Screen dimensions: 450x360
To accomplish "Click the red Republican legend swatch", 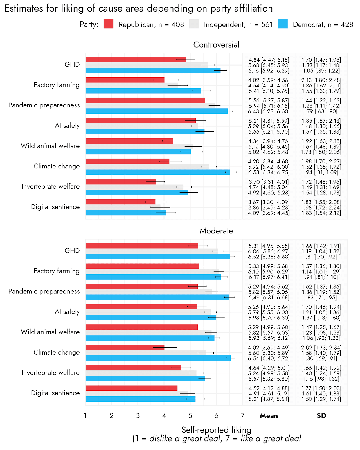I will (x=108, y=24).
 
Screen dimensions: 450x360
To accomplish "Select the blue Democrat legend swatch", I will (x=283, y=24).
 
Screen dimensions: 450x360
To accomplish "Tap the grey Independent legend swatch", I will (x=194, y=24).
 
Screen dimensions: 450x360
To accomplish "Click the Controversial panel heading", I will (x=216, y=45).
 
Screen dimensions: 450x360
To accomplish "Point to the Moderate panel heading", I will (x=216, y=231).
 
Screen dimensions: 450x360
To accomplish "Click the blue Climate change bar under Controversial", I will (x=158, y=172).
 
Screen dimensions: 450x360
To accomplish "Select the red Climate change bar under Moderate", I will (x=125, y=347).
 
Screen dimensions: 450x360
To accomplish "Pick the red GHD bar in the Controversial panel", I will (x=136, y=60).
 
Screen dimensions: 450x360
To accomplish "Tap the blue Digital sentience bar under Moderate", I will (x=140, y=399).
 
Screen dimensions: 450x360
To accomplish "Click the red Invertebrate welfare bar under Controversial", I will (x=121, y=182).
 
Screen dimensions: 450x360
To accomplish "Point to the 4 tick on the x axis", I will (x=164, y=416).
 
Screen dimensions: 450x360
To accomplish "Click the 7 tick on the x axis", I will (x=242, y=416).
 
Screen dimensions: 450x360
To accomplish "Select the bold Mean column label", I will (x=269, y=416).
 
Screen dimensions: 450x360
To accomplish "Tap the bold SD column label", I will (x=321, y=416).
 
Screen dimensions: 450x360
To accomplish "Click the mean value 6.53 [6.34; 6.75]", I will (x=269, y=172).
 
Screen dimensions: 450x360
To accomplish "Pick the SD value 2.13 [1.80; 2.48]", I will (x=321, y=80).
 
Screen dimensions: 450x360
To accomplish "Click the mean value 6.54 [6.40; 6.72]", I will (x=269, y=358).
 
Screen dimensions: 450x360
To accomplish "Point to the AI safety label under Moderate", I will (x=67, y=312).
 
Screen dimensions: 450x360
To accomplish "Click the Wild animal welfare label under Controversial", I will (x=50, y=146).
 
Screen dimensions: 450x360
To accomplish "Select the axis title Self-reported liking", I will (x=216, y=430).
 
